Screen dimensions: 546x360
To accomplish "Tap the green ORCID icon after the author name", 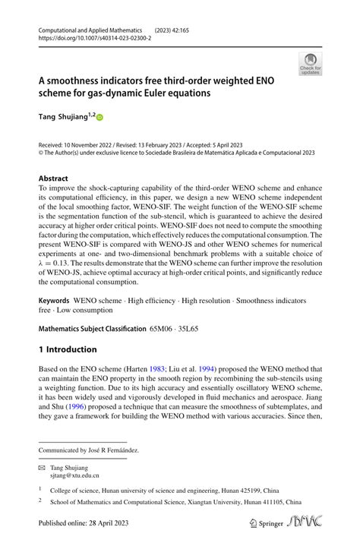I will [99, 118].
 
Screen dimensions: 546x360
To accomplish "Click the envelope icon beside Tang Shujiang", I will [43, 468].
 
